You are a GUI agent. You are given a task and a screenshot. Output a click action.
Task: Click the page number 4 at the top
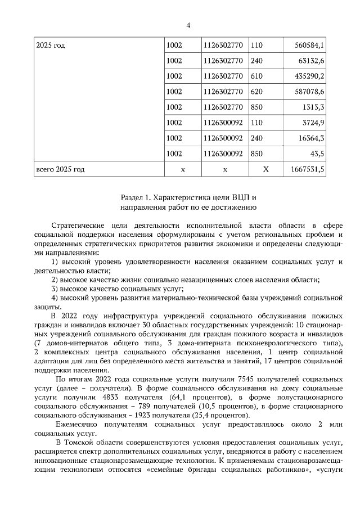(x=188, y=25)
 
